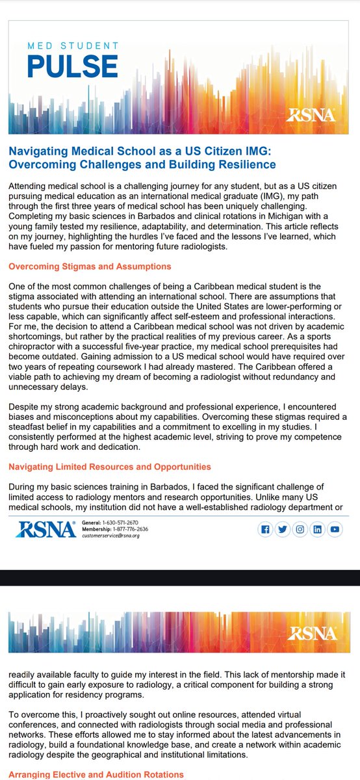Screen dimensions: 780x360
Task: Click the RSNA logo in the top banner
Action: click(x=311, y=115)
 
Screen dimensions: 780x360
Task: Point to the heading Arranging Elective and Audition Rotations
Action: click(x=96, y=774)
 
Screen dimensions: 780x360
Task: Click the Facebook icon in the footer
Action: click(x=265, y=530)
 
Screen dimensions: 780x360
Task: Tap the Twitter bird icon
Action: click(x=283, y=530)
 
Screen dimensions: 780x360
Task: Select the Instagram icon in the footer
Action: click(x=300, y=530)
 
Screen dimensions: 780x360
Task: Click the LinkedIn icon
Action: click(x=318, y=530)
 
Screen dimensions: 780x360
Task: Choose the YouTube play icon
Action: click(x=335, y=530)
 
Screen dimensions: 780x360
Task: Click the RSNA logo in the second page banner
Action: click(x=311, y=632)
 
